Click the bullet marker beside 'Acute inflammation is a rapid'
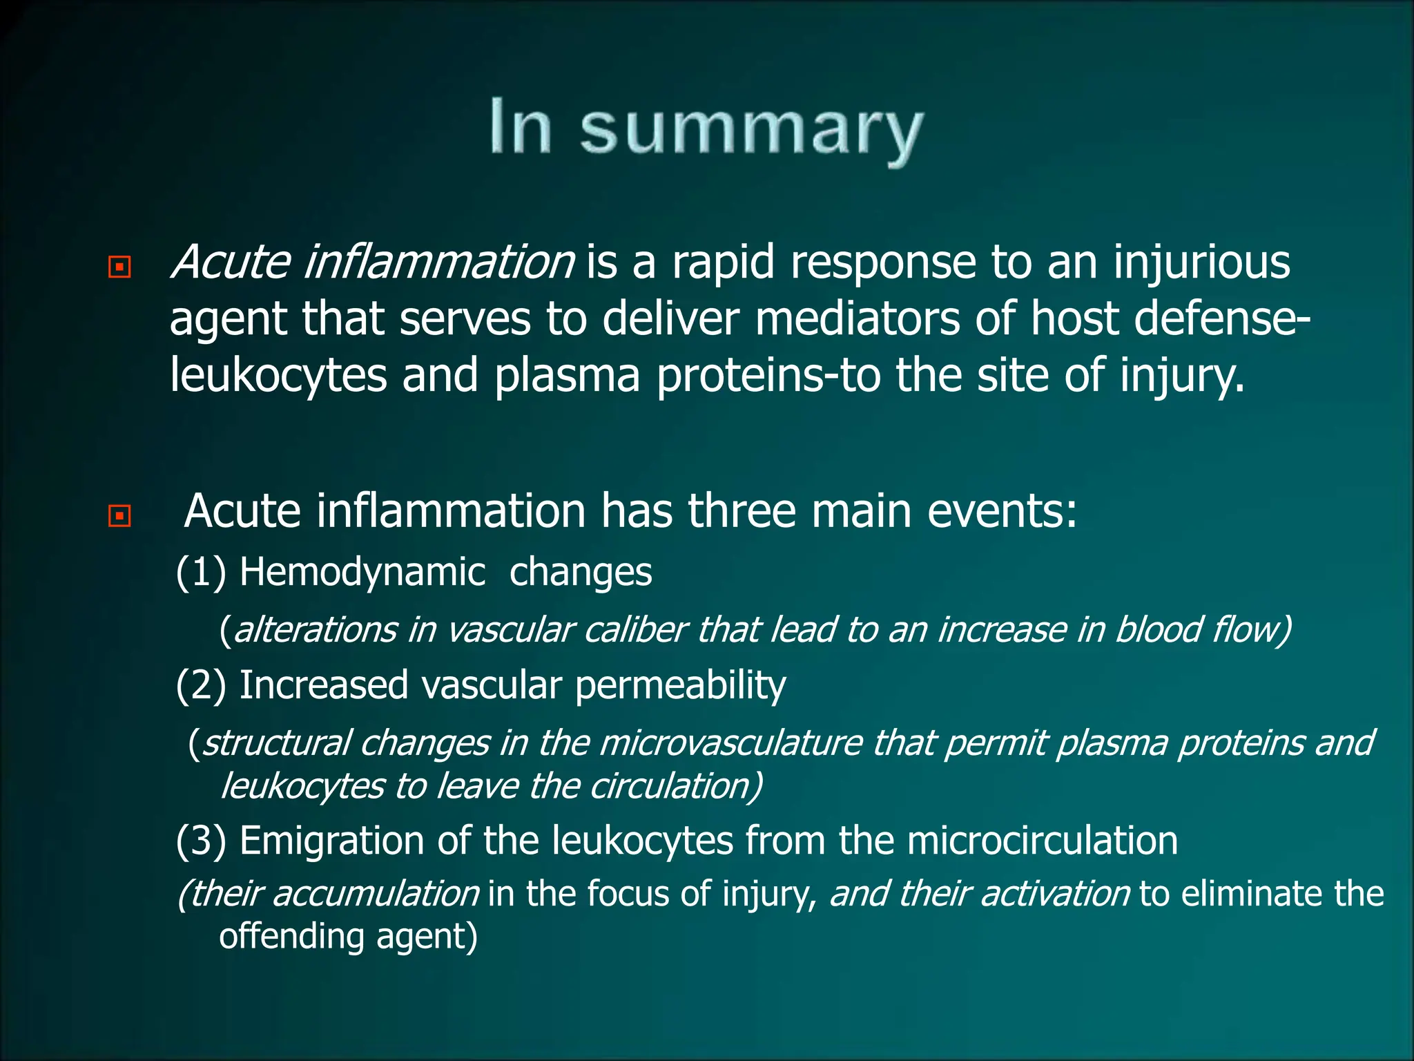tap(119, 267)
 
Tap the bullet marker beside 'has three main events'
tap(119, 515)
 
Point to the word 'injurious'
tap(1201, 262)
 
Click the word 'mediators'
tap(857, 319)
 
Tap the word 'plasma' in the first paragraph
tap(567, 376)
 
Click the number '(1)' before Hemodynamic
tap(201, 573)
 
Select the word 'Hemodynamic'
tap(362, 573)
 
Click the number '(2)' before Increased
tap(201, 685)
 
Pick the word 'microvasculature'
tap(730, 743)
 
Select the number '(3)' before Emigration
tap(201, 841)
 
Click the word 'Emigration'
tap(331, 841)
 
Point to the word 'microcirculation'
tap(1042, 841)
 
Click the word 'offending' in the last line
tap(291, 937)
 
